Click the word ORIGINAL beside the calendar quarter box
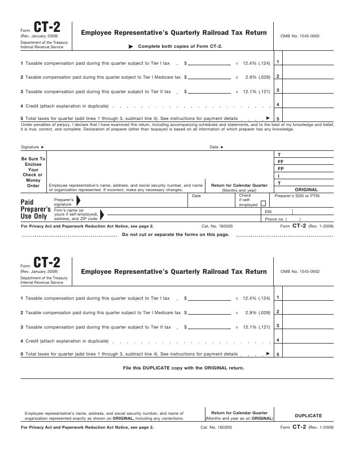tap(307, 190)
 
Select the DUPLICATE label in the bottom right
tap(308, 415)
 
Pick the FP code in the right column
tap(280, 169)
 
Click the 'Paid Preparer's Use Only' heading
tap(33, 210)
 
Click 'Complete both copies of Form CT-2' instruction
tap(180, 46)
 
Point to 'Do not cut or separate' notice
tap(176, 235)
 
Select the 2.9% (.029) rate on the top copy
tap(258, 78)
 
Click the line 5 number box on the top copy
tap(278, 119)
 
